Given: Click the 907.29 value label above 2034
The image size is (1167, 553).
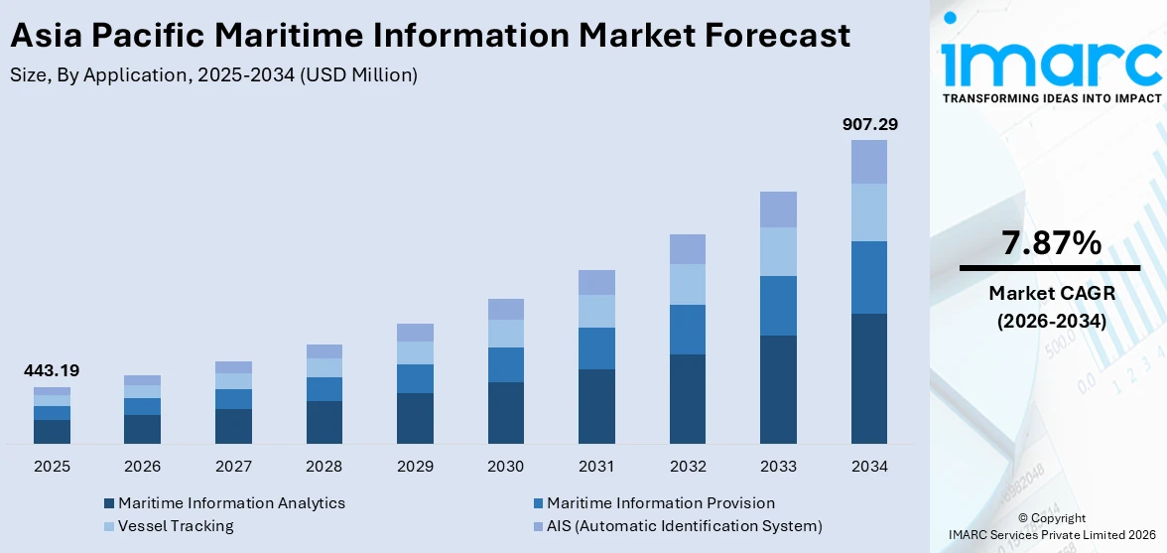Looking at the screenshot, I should [x=869, y=124].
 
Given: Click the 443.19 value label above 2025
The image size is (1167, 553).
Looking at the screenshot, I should [x=52, y=371].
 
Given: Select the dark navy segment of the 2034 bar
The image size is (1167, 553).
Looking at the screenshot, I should [x=869, y=378].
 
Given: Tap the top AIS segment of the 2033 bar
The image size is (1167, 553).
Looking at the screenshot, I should [x=778, y=209].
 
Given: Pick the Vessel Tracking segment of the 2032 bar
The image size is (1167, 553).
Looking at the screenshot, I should [x=688, y=284].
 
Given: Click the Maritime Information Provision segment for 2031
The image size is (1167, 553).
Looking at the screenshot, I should [x=596, y=348].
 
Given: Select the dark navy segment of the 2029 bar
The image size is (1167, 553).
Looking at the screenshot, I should [x=415, y=418].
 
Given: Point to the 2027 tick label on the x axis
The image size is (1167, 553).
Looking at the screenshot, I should [x=233, y=466].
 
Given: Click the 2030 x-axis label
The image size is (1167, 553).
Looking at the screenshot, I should [x=506, y=466].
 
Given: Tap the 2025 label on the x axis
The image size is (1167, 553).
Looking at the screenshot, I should [x=52, y=466].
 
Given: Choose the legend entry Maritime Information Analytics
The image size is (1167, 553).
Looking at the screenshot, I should [x=231, y=503].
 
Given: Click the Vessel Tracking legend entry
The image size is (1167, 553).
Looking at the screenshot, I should [x=176, y=526].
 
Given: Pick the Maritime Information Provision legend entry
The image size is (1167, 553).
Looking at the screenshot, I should [x=660, y=503].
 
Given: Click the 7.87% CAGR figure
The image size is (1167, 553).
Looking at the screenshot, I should [x=1049, y=243].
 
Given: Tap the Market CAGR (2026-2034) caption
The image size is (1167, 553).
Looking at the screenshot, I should [x=1049, y=307].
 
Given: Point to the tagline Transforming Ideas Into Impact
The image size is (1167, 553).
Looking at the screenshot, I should [x=1051, y=98].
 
